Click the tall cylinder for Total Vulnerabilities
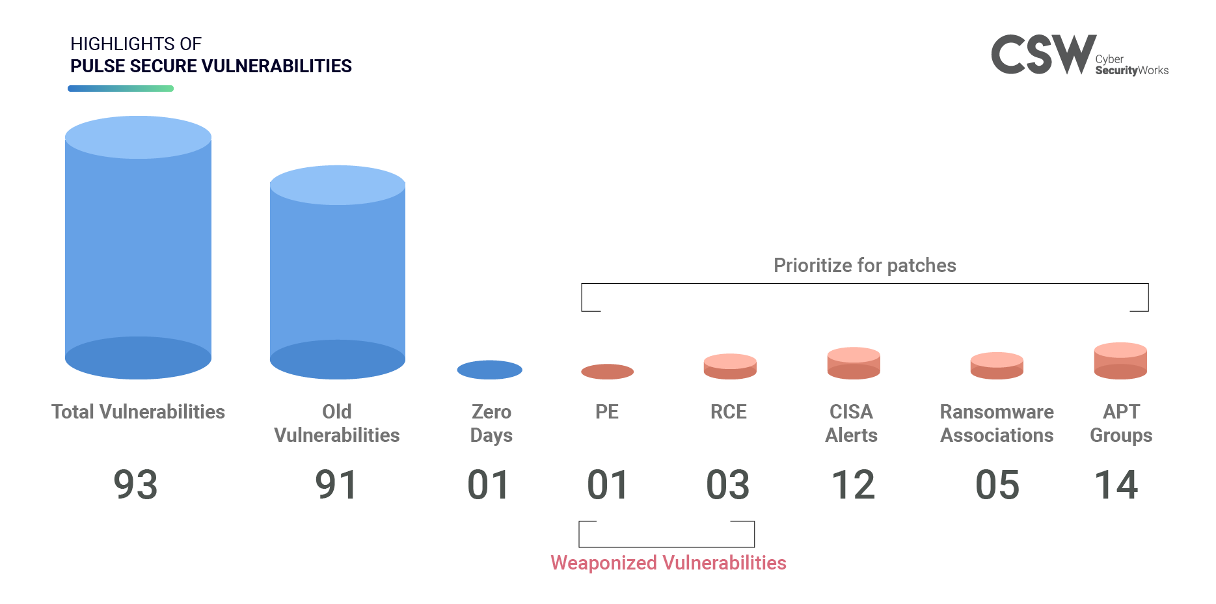(138, 247)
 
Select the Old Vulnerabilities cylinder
(338, 272)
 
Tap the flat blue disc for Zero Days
(490, 370)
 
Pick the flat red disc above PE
(607, 372)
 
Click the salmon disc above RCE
(730, 366)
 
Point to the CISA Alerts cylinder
(854, 363)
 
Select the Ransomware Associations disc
(997, 366)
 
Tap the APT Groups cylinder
(1120, 361)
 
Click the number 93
(135, 485)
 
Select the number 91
(336, 485)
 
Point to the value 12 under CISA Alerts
(854, 485)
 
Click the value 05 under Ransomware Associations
(997, 485)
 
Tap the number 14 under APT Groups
(1116, 485)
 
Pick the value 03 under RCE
(728, 485)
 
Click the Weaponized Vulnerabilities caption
(669, 563)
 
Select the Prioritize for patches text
(865, 266)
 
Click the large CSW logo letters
(1044, 55)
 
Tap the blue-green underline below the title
(120, 89)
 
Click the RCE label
(729, 412)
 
